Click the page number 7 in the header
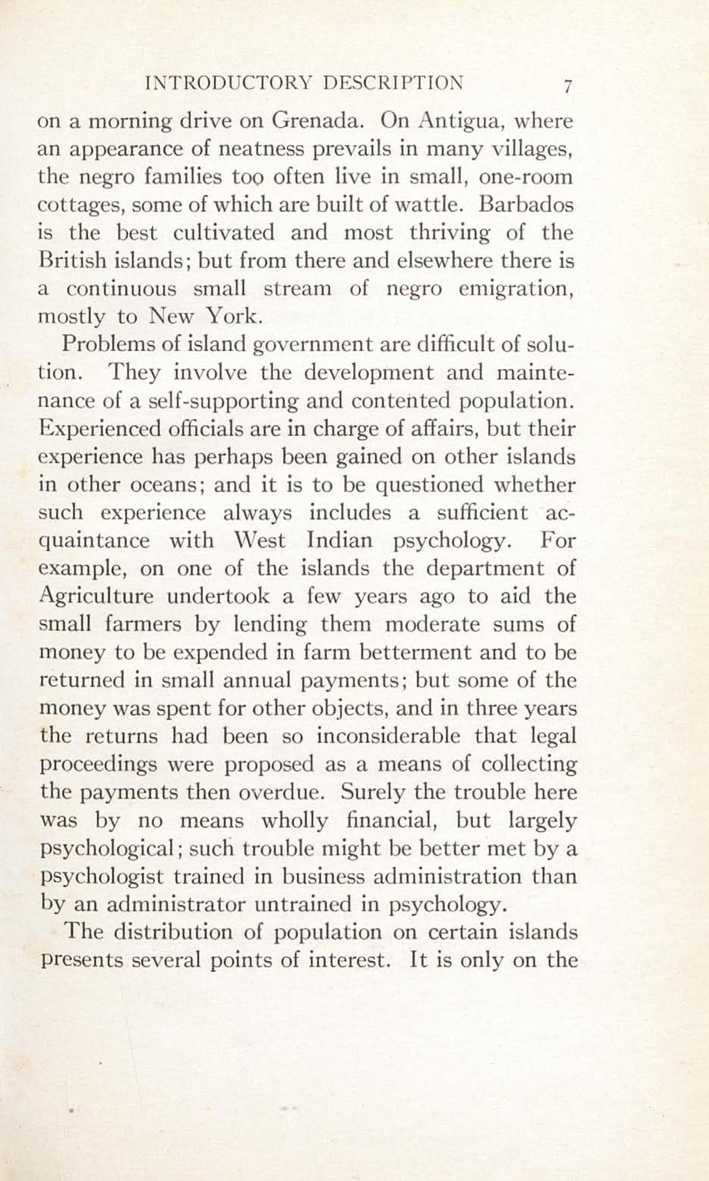tap(567, 86)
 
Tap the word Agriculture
tap(95, 597)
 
